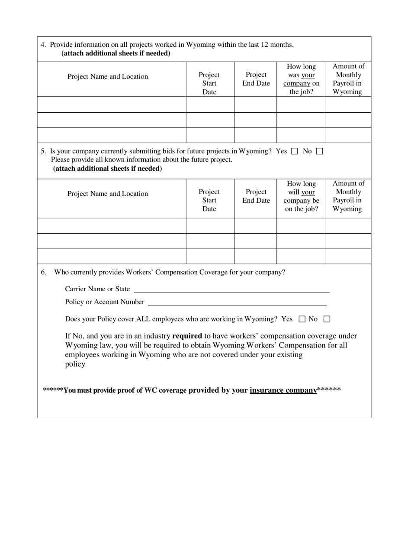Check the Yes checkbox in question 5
295,151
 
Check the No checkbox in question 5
319,151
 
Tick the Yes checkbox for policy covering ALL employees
302,319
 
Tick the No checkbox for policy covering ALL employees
327,319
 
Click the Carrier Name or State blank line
231,289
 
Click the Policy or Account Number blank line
237,302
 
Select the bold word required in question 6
187,336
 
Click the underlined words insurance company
283,390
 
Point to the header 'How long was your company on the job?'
301,79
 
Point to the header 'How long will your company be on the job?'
301,196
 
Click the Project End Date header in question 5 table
256,196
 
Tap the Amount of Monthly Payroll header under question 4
348,79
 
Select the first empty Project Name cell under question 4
112,104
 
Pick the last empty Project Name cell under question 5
112,256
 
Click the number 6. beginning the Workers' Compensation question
44,272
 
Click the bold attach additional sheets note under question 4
116,53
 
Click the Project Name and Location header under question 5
107,194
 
